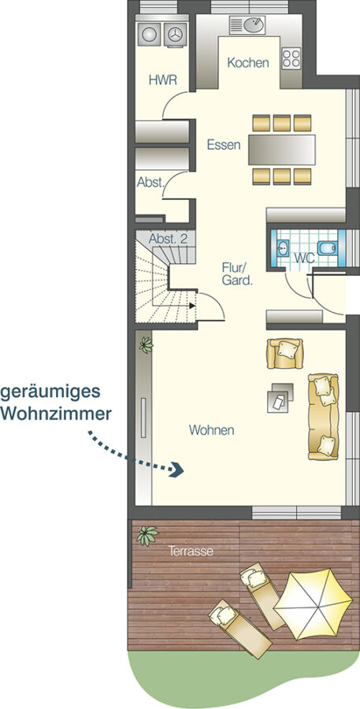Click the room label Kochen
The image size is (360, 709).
pyautogui.click(x=248, y=63)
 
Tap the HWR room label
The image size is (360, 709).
pyautogui.click(x=163, y=80)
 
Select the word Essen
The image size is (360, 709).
pyautogui.click(x=224, y=145)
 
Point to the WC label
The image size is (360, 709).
pyautogui.click(x=304, y=258)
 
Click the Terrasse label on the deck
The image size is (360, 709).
pyautogui.click(x=191, y=551)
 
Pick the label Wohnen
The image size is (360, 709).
pyautogui.click(x=212, y=430)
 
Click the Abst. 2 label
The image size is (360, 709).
pyautogui.click(x=168, y=239)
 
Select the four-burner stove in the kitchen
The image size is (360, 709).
pyautogui.click(x=291, y=58)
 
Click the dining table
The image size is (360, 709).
pyautogui.click(x=282, y=150)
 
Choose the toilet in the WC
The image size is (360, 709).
pyautogui.click(x=327, y=248)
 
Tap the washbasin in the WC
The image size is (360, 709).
pyautogui.click(x=283, y=248)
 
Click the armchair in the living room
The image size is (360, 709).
pyautogui.click(x=284, y=353)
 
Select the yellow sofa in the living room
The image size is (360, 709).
pyautogui.click(x=323, y=417)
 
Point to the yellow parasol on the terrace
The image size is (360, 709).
pyautogui.click(x=313, y=603)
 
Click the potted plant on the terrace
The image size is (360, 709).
pyautogui.click(x=147, y=536)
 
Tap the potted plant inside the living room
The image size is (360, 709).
pyautogui.click(x=146, y=345)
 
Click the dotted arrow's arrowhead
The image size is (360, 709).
pyautogui.click(x=177, y=470)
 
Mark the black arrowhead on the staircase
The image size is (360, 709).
pyautogui.click(x=192, y=306)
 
